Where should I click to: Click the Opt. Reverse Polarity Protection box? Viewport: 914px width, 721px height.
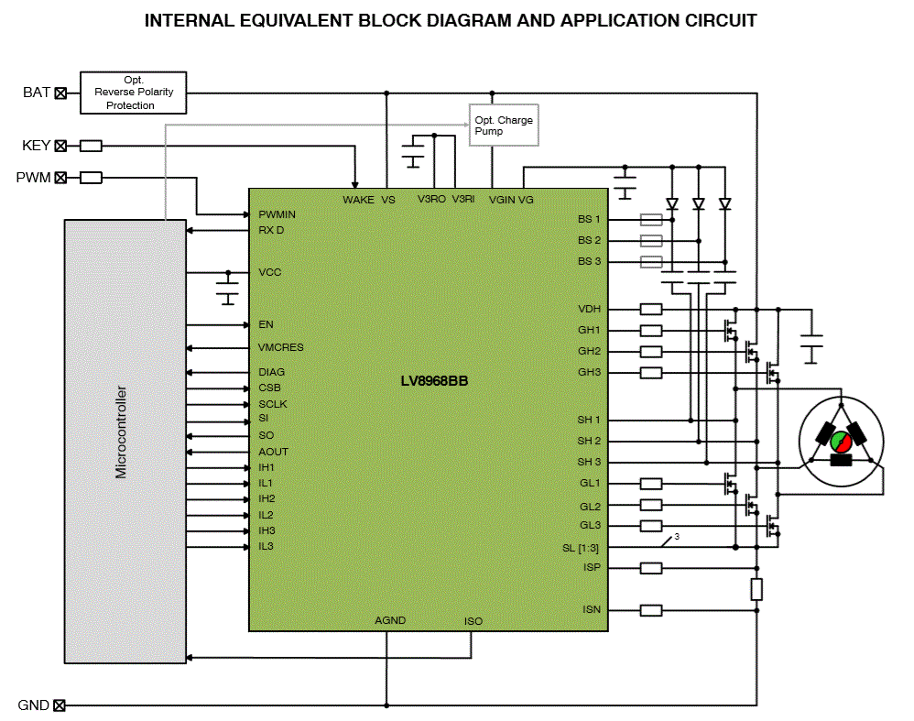pyautogui.click(x=133, y=93)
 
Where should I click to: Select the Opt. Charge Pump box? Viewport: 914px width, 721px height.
pyautogui.click(x=504, y=126)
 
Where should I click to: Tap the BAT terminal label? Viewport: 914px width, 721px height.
pyautogui.click(x=36, y=93)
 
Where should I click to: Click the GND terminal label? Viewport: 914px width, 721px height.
pyautogui.click(x=33, y=705)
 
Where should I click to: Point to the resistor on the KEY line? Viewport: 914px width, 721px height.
pyautogui.click(x=91, y=146)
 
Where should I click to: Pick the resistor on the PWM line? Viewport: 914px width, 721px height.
pyautogui.click(x=91, y=178)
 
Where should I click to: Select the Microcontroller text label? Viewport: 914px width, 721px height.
pyautogui.click(x=121, y=432)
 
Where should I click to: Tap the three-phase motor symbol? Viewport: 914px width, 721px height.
pyautogui.click(x=841, y=440)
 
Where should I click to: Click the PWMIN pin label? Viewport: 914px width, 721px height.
pyautogui.click(x=277, y=214)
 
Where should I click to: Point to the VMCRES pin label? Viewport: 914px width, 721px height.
pyautogui.click(x=280, y=348)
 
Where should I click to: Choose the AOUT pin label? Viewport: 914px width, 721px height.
pyautogui.click(x=273, y=452)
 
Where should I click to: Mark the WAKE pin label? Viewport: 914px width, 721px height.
pyautogui.click(x=358, y=199)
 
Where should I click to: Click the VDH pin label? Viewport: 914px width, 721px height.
pyautogui.click(x=589, y=309)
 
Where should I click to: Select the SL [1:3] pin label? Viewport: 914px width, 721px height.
pyautogui.click(x=582, y=548)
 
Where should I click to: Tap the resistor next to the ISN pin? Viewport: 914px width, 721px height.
pyautogui.click(x=651, y=610)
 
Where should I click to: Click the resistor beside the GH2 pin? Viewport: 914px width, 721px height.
pyautogui.click(x=651, y=352)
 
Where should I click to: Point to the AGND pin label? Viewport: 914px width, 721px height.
pyautogui.click(x=390, y=620)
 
